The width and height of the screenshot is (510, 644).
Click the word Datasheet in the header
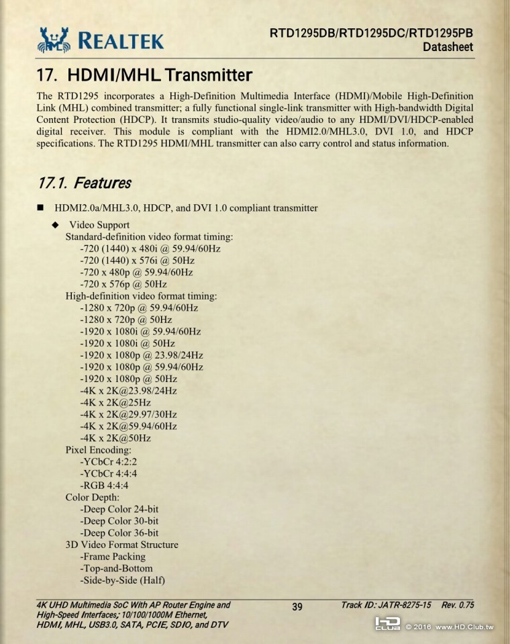pyautogui.click(x=448, y=47)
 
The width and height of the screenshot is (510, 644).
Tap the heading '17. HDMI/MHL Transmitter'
pyautogui.click(x=145, y=74)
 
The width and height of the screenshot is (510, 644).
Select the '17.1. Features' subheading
pyautogui.click(x=85, y=183)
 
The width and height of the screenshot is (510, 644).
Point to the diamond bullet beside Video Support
pyautogui.click(x=56, y=225)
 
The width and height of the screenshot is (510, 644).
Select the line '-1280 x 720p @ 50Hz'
pyautogui.click(x=125, y=320)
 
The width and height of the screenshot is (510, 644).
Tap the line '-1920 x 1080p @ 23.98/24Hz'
pyautogui.click(x=141, y=355)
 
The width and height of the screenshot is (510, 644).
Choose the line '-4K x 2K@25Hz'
pyautogui.click(x=115, y=402)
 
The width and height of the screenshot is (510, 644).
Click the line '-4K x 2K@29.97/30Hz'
pyautogui.click(x=128, y=414)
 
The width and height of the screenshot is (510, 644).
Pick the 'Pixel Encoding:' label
pyautogui.click(x=98, y=449)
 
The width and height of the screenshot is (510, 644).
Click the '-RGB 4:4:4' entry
pyautogui.click(x=104, y=485)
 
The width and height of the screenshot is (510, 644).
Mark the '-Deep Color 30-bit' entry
pyautogui.click(x=119, y=520)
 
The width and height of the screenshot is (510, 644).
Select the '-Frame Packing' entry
pyautogui.click(x=112, y=556)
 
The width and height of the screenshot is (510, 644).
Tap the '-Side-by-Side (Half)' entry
pyautogui.click(x=122, y=580)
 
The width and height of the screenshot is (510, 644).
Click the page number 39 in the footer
pyautogui.click(x=297, y=607)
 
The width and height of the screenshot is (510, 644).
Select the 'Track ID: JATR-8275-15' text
pyautogui.click(x=386, y=605)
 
